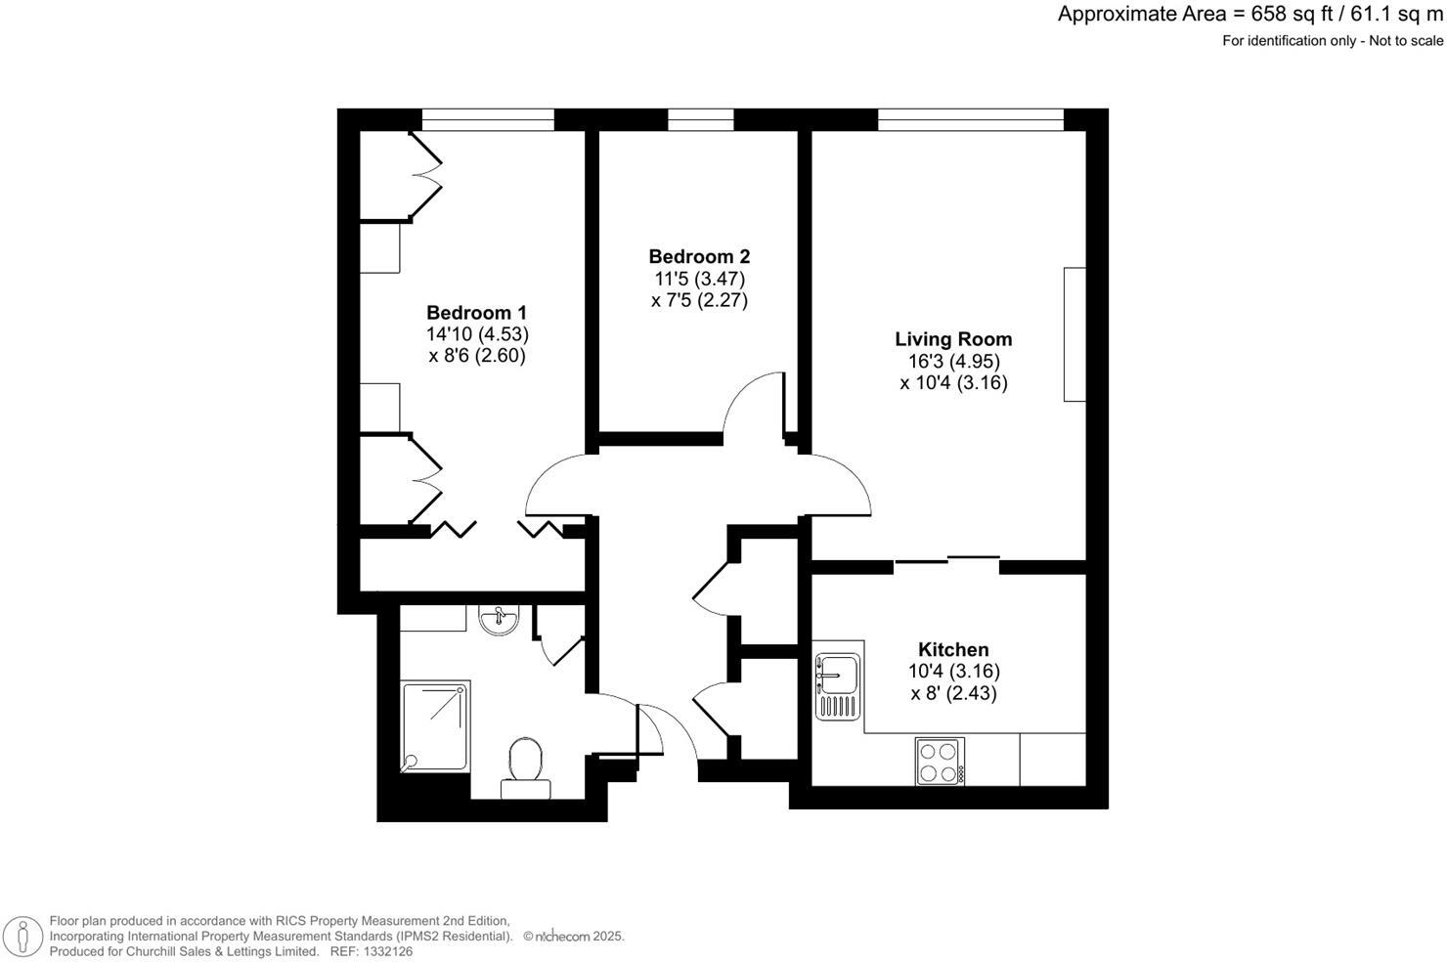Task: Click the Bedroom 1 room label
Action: pos(476,313)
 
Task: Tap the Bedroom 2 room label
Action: pos(699,256)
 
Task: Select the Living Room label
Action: pos(953,339)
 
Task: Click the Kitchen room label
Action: pos(953,649)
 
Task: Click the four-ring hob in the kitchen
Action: pos(940,761)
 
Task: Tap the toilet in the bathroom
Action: pos(526,763)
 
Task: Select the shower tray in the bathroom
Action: pos(436,724)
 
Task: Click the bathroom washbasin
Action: pos(500,620)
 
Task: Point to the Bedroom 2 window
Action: pos(700,119)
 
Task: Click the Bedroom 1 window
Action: pos(488,119)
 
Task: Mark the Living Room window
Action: pos(970,119)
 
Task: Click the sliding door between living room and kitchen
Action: pos(946,560)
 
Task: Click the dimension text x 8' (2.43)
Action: pos(953,693)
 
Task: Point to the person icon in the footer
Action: pos(19,936)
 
